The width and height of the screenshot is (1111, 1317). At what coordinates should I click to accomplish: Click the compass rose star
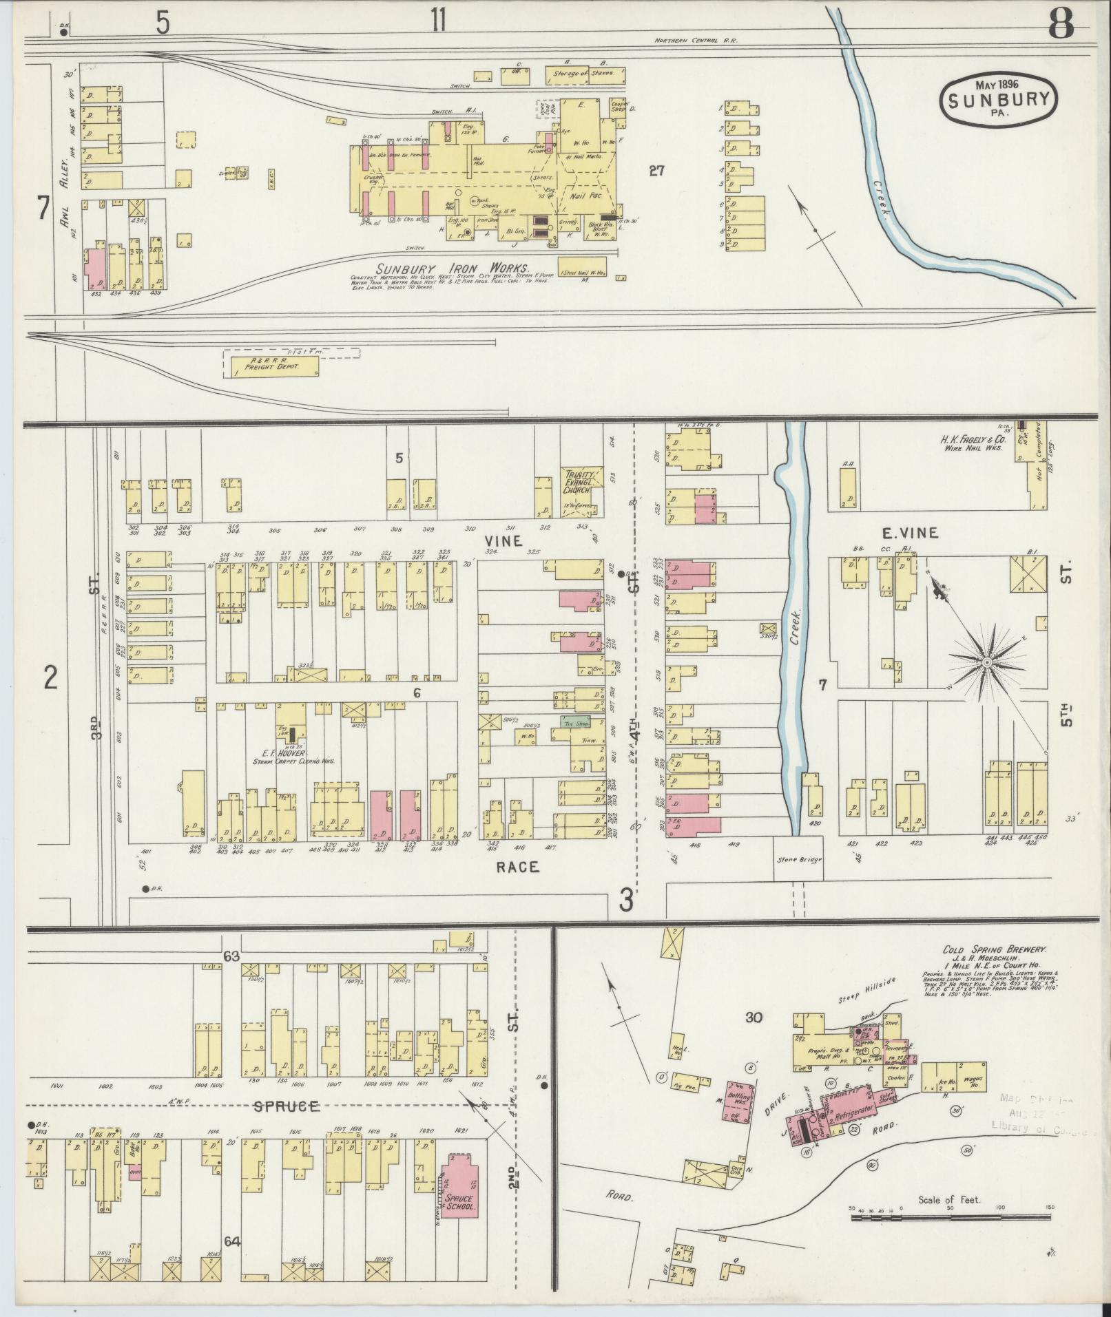click(x=986, y=662)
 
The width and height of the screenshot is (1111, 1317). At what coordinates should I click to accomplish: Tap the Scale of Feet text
click(x=949, y=1200)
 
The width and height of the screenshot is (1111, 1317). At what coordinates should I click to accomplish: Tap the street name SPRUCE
click(x=286, y=1106)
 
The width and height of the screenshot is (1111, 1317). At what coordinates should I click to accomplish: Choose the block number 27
click(x=656, y=171)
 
